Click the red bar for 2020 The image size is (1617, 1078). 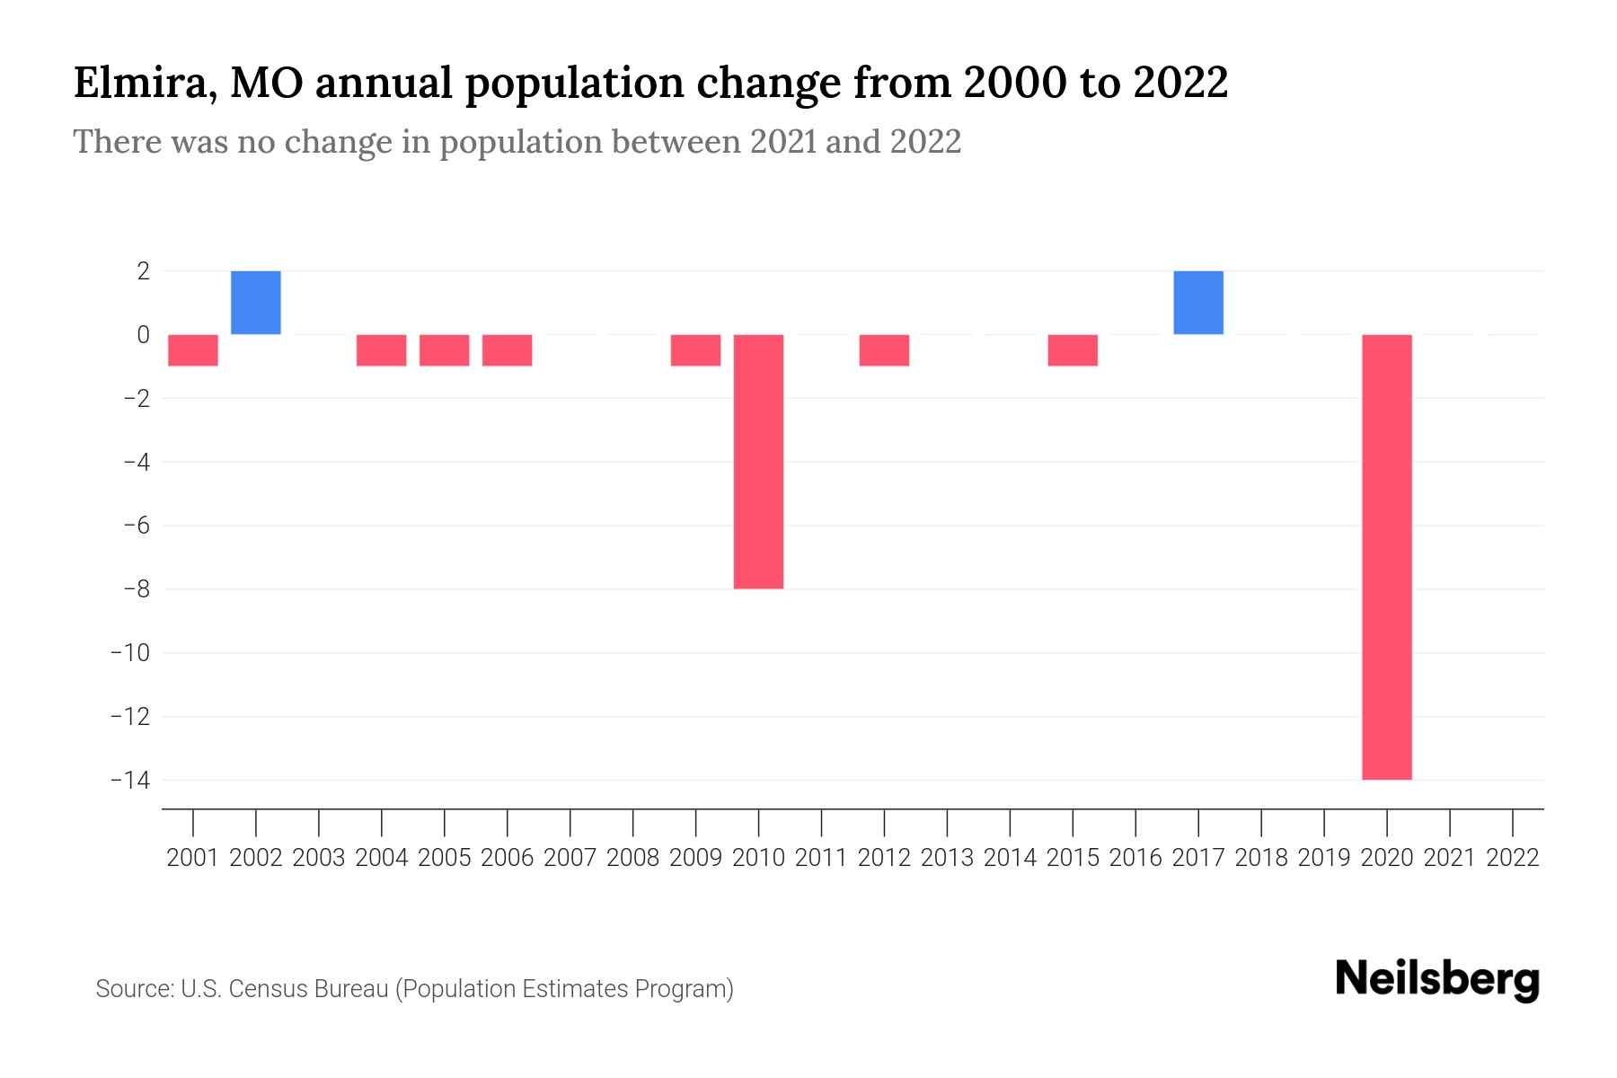click(x=1387, y=557)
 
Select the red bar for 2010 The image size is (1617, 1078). click(x=758, y=462)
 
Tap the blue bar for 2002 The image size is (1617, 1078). click(x=256, y=303)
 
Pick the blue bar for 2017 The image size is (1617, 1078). click(x=1198, y=303)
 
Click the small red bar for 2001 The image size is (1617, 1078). click(x=193, y=350)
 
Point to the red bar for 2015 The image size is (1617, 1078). click(x=1073, y=350)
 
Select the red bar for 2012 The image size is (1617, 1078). click(x=884, y=350)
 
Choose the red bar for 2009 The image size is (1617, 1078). click(x=695, y=350)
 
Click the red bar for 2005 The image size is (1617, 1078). click(x=445, y=350)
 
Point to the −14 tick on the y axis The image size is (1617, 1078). click(x=129, y=780)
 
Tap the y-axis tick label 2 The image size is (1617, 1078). click(x=143, y=270)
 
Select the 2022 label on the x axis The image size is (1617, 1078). click(x=1513, y=858)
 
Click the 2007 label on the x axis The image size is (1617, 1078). click(x=570, y=858)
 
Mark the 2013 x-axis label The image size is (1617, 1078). click(x=947, y=858)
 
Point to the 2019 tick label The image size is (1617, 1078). click(x=1324, y=858)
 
